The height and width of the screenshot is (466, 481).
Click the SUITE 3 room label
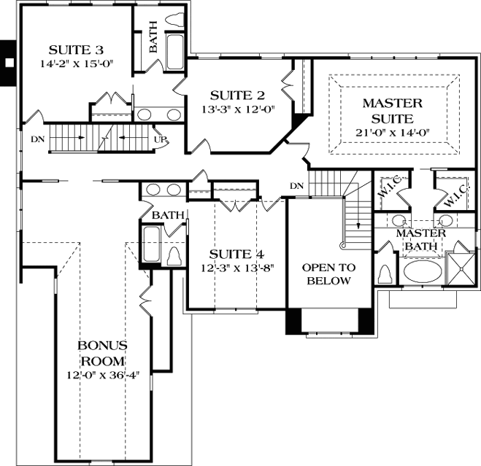click(x=76, y=50)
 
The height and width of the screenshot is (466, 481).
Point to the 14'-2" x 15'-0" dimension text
click(x=76, y=63)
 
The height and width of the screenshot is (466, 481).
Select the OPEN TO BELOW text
click(x=328, y=274)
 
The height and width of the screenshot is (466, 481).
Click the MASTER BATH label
click(x=420, y=239)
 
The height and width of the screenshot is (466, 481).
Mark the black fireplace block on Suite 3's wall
click(x=8, y=63)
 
